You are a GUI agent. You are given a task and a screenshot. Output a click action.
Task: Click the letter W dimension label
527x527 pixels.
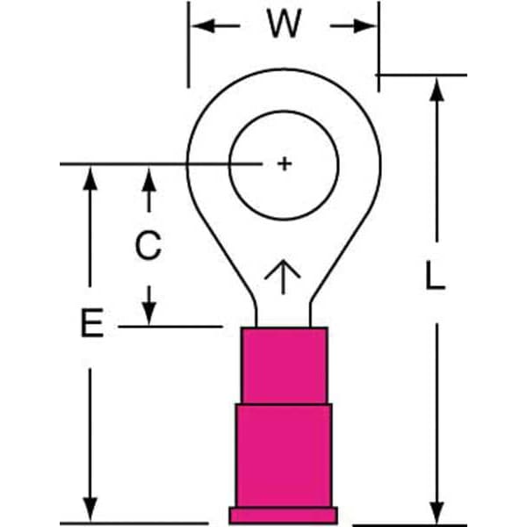tap(285, 24)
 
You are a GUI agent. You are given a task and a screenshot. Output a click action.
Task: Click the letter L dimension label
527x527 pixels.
tap(435, 276)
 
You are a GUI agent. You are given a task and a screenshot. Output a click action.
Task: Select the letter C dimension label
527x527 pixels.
tap(148, 245)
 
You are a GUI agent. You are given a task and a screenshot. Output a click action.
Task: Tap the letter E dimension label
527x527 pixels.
tap(91, 323)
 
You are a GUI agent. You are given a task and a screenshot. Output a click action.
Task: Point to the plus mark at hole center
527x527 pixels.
tap(285, 164)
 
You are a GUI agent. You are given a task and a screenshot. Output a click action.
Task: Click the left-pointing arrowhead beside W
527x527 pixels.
tap(203, 25)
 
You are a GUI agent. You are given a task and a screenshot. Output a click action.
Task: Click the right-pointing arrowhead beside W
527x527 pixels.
tap(365, 25)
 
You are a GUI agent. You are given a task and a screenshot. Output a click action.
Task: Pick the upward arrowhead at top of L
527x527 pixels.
tap(437, 90)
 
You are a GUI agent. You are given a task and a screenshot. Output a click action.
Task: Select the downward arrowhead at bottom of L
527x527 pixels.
tap(437, 512)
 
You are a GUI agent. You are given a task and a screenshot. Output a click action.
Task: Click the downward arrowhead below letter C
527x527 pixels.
tap(149, 314)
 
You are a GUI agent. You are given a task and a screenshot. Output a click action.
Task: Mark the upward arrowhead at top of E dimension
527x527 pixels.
tap(90, 178)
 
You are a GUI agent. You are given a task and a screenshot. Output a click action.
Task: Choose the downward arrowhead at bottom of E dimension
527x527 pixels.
tap(90, 510)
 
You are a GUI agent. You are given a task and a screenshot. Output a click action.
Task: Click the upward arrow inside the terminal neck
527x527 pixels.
tap(283, 277)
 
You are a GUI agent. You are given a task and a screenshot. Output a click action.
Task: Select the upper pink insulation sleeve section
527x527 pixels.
tap(285, 365)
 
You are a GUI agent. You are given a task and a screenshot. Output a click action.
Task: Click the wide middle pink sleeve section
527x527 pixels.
tap(284, 455)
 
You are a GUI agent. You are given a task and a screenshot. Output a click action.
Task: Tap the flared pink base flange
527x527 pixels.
tap(284, 516)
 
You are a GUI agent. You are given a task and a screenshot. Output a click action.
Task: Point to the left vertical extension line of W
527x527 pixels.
tap(189, 45)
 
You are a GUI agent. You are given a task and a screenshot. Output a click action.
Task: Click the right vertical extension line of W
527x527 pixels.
tap(379, 47)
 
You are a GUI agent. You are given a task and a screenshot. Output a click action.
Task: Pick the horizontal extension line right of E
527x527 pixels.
tap(170, 327)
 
